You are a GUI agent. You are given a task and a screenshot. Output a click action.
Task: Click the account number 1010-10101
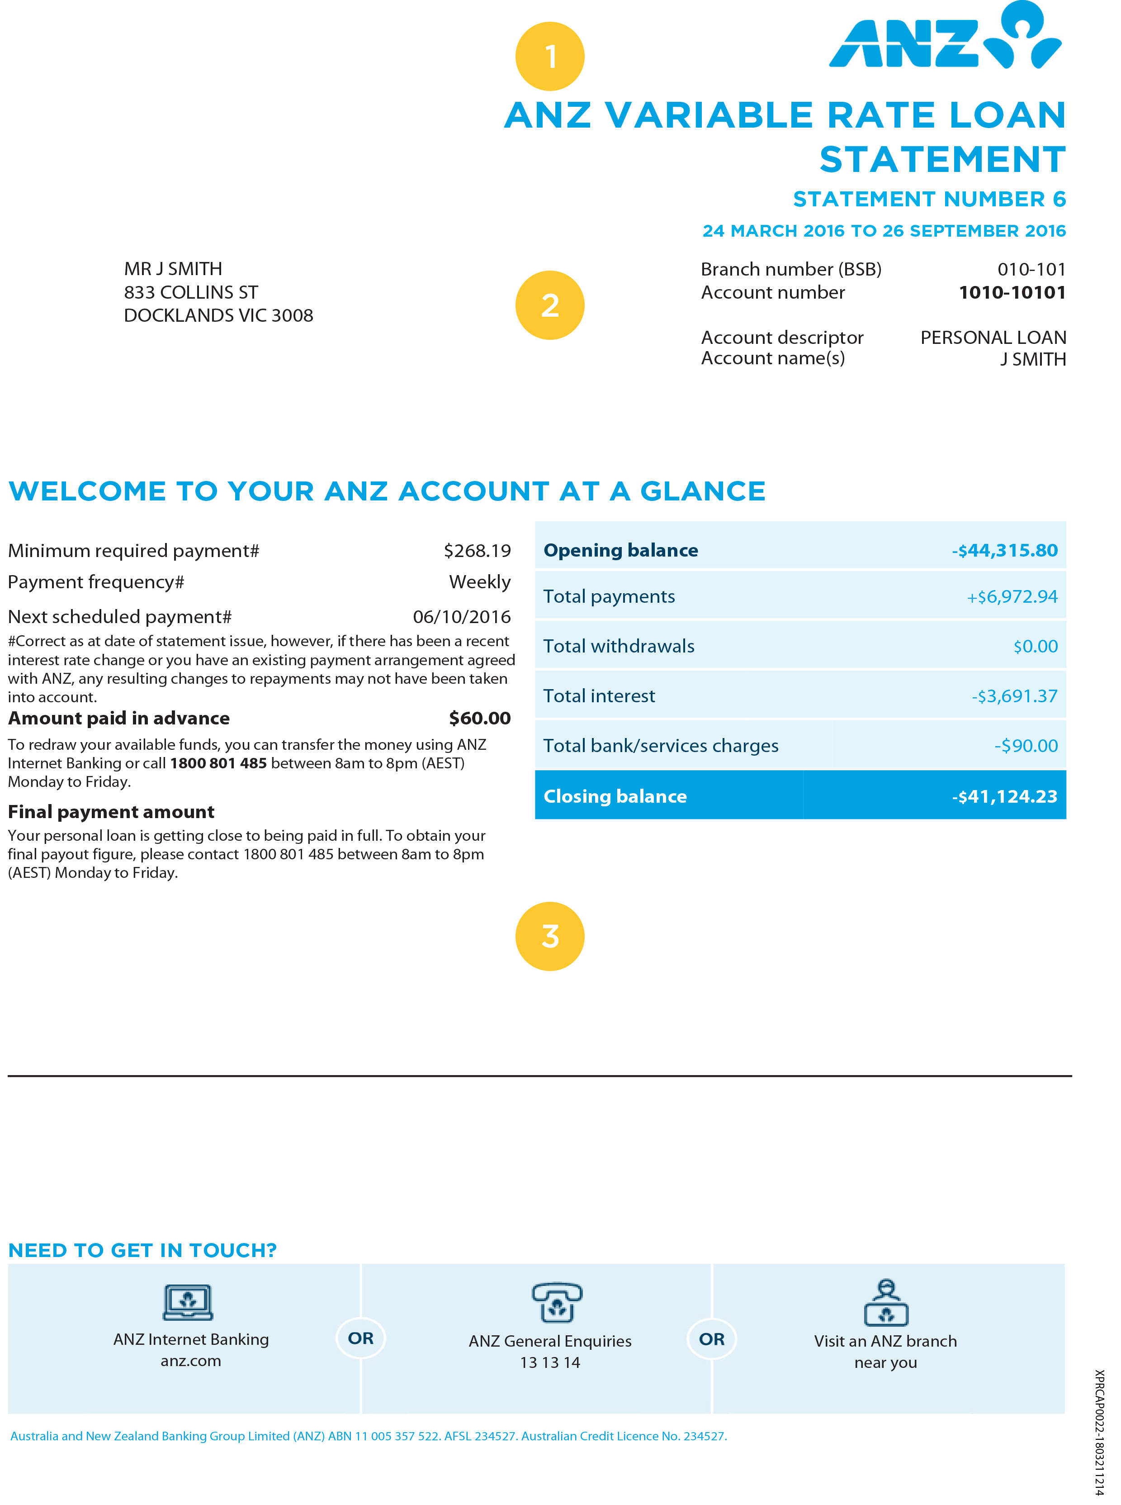tap(1012, 293)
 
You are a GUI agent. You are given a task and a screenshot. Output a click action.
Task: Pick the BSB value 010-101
tap(1031, 270)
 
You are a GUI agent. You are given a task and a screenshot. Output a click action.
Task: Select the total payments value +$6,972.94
tap(1012, 597)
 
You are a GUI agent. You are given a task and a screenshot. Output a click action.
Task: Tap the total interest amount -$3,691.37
tap(1014, 696)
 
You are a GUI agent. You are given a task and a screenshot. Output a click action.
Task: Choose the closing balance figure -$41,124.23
tap(1004, 796)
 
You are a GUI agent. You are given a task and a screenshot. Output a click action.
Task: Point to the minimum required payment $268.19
tap(477, 551)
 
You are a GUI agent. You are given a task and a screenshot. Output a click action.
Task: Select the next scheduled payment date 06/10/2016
tap(461, 616)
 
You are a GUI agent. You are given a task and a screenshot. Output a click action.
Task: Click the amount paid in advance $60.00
tap(480, 718)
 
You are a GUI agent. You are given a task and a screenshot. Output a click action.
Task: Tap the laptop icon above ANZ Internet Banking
tap(188, 1301)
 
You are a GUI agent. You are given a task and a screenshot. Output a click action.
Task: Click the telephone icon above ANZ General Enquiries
tap(556, 1301)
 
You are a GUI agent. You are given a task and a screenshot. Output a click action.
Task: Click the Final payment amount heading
tap(111, 812)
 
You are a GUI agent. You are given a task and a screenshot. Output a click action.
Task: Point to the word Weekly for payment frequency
tap(480, 582)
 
